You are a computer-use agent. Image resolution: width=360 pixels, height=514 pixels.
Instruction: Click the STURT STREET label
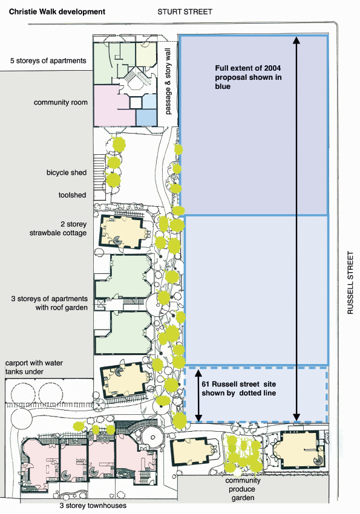pos(185,12)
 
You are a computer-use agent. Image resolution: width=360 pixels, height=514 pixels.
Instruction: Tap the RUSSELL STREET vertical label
pos(350,282)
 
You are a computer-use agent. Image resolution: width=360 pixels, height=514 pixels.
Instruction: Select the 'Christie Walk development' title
pos(57,12)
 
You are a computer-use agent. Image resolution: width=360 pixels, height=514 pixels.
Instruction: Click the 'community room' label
pos(61,102)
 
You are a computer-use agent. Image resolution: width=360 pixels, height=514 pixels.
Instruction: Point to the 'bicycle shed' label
pos(67,172)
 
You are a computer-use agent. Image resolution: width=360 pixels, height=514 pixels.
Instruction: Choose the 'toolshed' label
pos(72,195)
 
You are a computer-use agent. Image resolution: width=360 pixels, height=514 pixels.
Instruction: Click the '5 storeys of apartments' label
pos(48,60)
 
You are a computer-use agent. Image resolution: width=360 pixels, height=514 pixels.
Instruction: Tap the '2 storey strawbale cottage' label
pos(58,229)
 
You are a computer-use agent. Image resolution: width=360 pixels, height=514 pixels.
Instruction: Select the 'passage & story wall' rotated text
pos(168,81)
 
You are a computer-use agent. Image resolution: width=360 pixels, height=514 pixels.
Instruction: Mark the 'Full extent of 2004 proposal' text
pos(248,77)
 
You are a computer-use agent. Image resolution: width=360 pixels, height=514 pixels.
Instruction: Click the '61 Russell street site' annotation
pos(238,388)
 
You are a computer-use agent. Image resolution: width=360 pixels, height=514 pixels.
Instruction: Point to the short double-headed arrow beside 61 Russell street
pos(198,395)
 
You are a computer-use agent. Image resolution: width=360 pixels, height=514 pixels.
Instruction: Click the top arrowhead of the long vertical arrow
pos(296,40)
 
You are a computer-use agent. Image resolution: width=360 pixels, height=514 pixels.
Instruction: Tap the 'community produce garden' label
pos(243,489)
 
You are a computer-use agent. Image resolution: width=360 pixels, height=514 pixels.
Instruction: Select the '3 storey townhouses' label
pos(93,506)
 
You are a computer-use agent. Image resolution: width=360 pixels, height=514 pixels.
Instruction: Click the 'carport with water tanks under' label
pos(34,367)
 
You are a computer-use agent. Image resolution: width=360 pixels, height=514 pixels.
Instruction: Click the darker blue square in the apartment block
pos(146,118)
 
